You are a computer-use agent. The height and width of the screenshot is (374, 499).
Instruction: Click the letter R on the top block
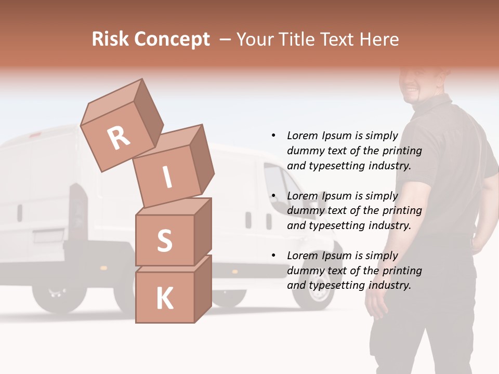[x=119, y=138]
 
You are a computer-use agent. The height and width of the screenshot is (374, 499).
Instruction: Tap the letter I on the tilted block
[x=167, y=177]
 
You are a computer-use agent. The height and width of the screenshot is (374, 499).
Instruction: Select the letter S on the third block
[x=164, y=241]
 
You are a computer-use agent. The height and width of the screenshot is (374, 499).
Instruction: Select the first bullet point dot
[x=274, y=136]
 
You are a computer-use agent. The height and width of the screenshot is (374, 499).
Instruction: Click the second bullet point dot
[x=274, y=196]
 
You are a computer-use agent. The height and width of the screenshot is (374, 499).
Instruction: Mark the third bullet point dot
[x=274, y=256]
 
